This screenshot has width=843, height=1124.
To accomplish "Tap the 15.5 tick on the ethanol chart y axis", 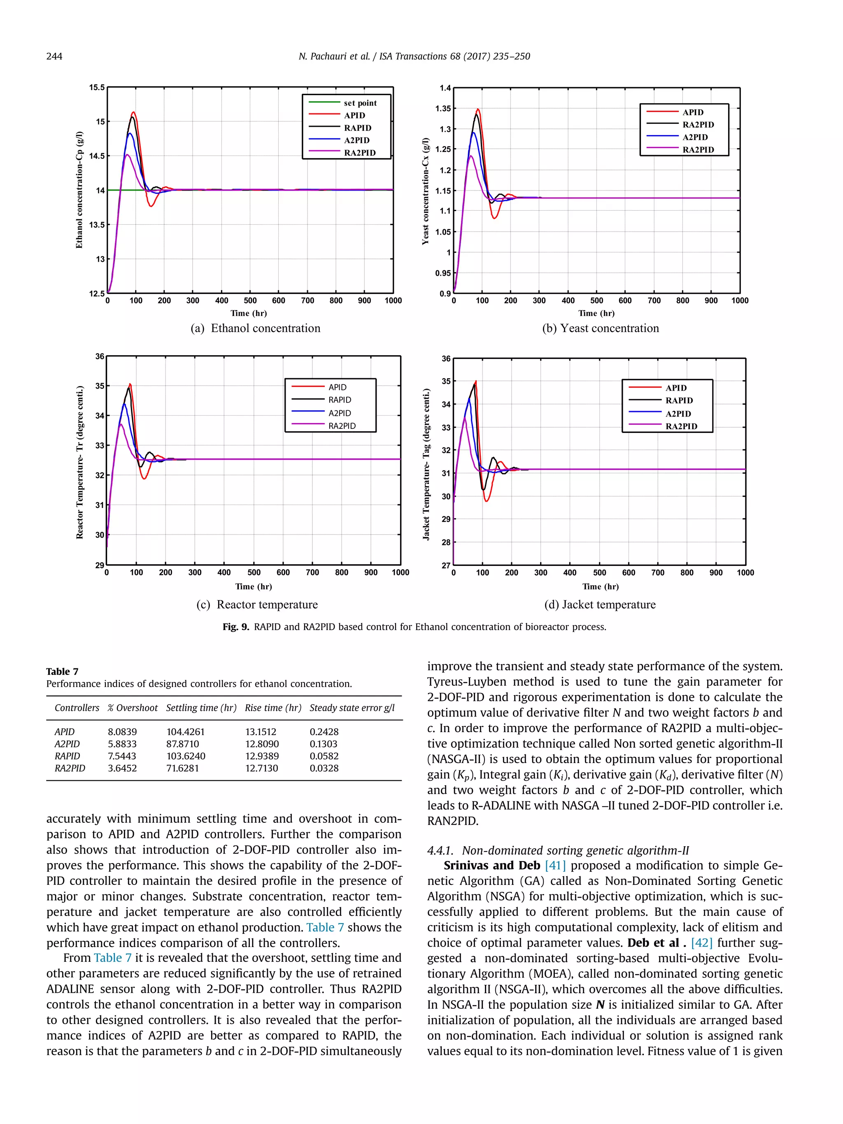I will pos(97,87).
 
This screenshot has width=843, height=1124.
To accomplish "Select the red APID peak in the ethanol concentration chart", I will pos(133,112).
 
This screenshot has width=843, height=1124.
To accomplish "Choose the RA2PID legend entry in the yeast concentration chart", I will pos(698,149).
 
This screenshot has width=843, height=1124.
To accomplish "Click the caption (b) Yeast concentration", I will pos(600,328).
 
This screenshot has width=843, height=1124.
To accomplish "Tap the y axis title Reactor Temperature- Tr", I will pos(80,461).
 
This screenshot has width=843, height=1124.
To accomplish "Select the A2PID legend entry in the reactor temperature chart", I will pos(340,413).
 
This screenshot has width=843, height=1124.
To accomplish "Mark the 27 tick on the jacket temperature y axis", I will pos(446,565).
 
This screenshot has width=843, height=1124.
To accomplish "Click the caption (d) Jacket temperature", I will pos(600,605).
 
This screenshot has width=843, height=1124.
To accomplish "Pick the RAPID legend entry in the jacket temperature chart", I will pos(679,400).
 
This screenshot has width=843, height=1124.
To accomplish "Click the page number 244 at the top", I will pos(54,56).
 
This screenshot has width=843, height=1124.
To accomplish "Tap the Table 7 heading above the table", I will pos(62,671).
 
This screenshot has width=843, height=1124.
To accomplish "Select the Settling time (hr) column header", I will pos(201,708).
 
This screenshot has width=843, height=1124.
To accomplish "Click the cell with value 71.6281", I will pos(182,768).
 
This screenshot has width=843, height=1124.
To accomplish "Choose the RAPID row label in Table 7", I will pos(67,756).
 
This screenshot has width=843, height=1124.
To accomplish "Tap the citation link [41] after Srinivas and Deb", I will pos(555,866).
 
